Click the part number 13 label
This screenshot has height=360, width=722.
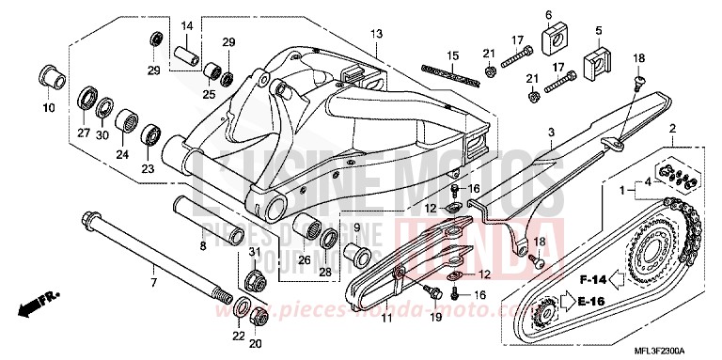(x=376, y=34)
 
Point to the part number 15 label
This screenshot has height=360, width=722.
(x=453, y=55)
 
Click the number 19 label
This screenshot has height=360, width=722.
(x=435, y=320)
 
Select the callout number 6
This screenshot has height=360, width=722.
(x=547, y=14)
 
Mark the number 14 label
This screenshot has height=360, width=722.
(x=186, y=25)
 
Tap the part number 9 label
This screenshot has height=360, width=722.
(x=356, y=228)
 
